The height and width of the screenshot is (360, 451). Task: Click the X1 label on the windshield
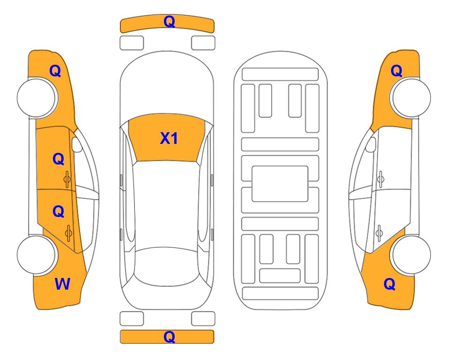click(169, 138)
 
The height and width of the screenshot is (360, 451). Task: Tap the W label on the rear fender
click(62, 284)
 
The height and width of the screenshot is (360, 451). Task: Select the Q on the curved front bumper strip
click(169, 22)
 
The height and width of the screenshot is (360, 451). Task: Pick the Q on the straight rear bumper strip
click(169, 337)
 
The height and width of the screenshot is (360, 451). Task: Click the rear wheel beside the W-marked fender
click(36, 255)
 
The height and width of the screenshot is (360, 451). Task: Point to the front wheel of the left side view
click(37, 98)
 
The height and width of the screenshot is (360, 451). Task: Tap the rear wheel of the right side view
click(411, 255)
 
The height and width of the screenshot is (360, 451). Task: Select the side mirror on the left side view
click(77, 144)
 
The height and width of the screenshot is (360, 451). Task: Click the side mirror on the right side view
click(370, 144)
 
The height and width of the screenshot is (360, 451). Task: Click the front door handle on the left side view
click(67, 180)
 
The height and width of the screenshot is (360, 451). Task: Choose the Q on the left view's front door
click(59, 159)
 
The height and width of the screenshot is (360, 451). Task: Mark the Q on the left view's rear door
click(59, 212)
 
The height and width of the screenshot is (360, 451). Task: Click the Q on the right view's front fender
click(396, 71)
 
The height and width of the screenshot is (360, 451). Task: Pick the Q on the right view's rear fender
click(390, 284)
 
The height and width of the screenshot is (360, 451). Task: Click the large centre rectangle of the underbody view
click(280, 184)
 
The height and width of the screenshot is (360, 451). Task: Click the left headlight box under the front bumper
click(132, 43)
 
